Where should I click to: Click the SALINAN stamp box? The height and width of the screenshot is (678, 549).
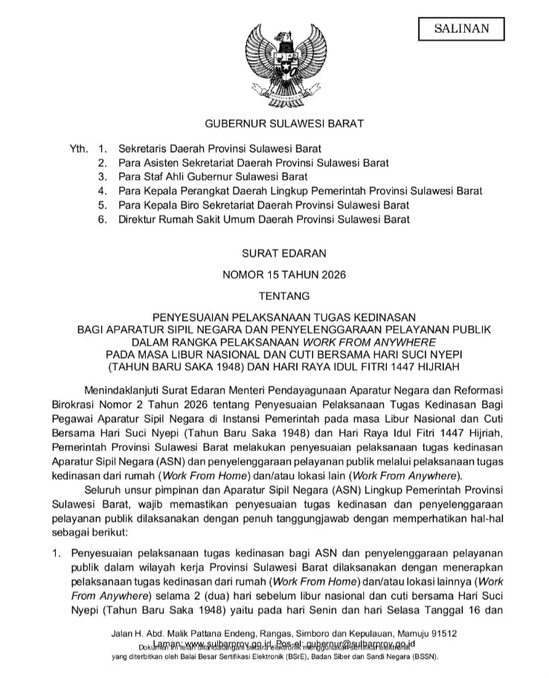(x=462, y=29)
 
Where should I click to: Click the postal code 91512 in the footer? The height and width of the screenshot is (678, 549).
(x=443, y=633)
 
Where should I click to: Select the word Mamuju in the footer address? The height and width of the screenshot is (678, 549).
(x=405, y=633)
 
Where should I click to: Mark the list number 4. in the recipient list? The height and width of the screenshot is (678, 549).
(x=103, y=191)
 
